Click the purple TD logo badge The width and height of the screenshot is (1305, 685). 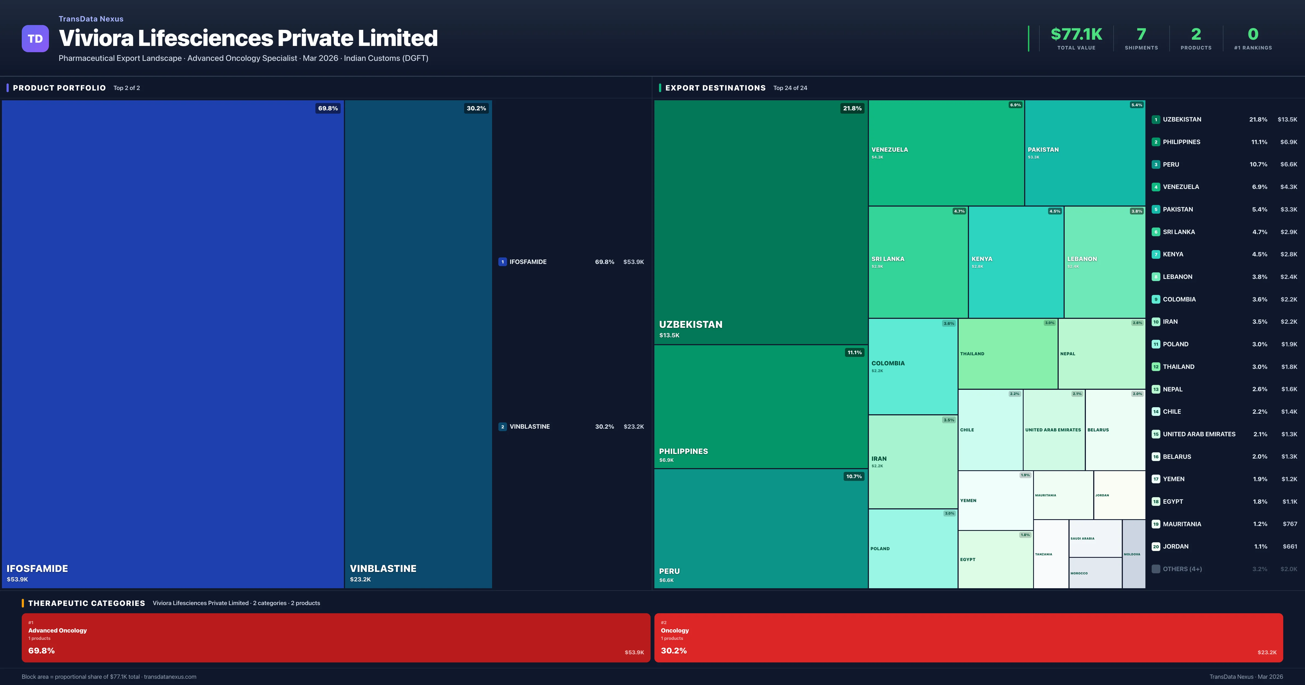35,39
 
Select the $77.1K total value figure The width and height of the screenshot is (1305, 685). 1076,34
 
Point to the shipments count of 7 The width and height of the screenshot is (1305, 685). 1141,34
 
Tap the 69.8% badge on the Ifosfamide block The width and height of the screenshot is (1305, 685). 328,108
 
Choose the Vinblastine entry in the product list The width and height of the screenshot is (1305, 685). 529,426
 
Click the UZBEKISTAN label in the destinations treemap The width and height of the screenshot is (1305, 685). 691,324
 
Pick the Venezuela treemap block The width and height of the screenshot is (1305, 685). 946,152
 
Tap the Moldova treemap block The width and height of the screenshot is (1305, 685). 1133,554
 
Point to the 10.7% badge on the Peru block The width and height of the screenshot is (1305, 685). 854,476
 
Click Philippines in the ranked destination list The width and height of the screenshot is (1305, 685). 1181,142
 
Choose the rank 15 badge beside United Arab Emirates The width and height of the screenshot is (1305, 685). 1155,434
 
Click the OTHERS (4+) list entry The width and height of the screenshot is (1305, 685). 1182,569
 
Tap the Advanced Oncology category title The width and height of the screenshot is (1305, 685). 58,630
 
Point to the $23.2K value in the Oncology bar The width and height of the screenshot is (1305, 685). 1266,652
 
